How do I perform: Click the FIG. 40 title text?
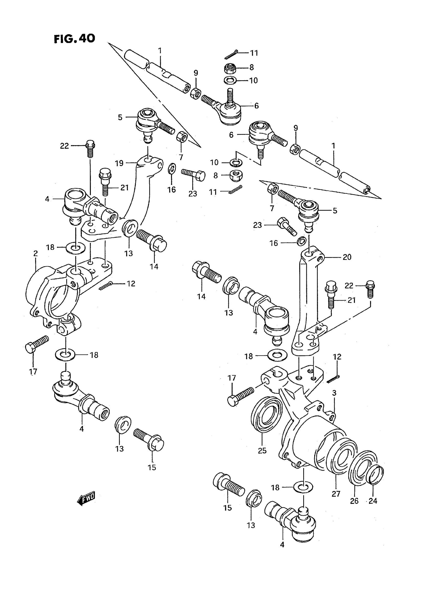[74, 39]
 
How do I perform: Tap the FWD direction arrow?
[86, 498]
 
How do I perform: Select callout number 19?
[119, 163]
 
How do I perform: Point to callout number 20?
[347, 257]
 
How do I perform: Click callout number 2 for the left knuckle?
[36, 253]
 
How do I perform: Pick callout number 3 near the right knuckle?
[334, 401]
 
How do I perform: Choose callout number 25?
[262, 451]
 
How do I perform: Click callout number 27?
[336, 494]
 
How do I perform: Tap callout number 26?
[354, 501]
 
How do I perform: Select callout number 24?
[373, 501]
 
